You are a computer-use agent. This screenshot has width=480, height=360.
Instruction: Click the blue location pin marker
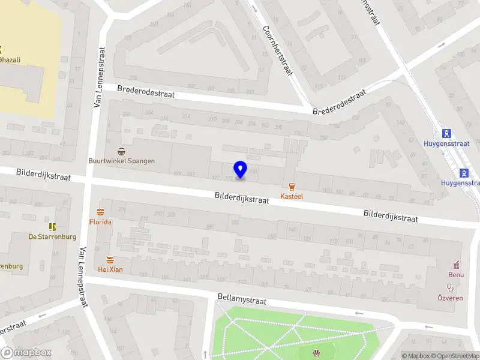click(x=241, y=170)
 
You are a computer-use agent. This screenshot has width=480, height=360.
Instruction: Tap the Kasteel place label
click(x=292, y=196)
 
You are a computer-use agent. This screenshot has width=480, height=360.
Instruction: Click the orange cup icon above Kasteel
click(x=292, y=186)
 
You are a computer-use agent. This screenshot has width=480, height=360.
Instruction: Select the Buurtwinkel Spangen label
click(x=121, y=161)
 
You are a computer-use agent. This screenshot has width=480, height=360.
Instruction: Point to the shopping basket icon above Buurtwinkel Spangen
click(x=121, y=151)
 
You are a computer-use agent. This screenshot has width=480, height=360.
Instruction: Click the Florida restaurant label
click(x=101, y=221)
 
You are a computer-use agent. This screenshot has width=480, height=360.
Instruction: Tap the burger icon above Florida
click(x=101, y=211)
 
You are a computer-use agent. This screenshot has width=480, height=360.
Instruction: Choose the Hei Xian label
click(x=110, y=269)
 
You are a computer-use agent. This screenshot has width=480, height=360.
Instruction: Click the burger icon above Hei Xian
click(x=110, y=260)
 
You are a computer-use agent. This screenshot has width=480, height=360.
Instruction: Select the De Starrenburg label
click(x=52, y=236)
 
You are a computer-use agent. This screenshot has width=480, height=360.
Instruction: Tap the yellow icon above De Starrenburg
click(x=52, y=226)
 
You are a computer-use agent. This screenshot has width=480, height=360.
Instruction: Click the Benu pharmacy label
click(x=456, y=275)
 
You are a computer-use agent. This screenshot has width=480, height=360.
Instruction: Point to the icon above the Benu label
click(x=456, y=265)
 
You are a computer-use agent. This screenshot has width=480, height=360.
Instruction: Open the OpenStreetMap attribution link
click(x=454, y=356)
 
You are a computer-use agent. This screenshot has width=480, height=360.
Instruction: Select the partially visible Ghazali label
click(x=10, y=59)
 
